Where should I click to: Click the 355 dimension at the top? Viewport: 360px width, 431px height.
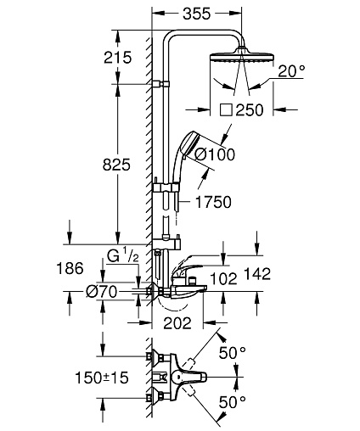[x=197, y=14]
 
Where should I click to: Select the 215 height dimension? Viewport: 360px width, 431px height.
[x=118, y=58]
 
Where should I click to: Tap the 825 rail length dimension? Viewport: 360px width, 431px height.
[x=116, y=165]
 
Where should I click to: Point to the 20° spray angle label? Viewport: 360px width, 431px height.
[x=291, y=71]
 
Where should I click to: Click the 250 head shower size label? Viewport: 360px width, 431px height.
[x=250, y=110]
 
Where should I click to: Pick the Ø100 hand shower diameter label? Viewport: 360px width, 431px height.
[x=215, y=154]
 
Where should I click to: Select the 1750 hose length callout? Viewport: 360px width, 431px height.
[x=213, y=202]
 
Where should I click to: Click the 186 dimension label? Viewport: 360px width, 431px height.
[x=70, y=268]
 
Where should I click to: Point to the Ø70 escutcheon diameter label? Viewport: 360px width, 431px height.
[x=101, y=292]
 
